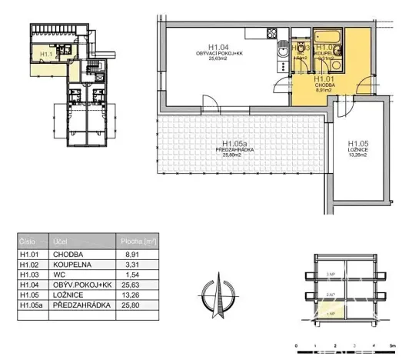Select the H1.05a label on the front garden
pos(232,143)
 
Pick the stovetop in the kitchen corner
pos(270,34)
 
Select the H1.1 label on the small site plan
pos(44,55)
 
